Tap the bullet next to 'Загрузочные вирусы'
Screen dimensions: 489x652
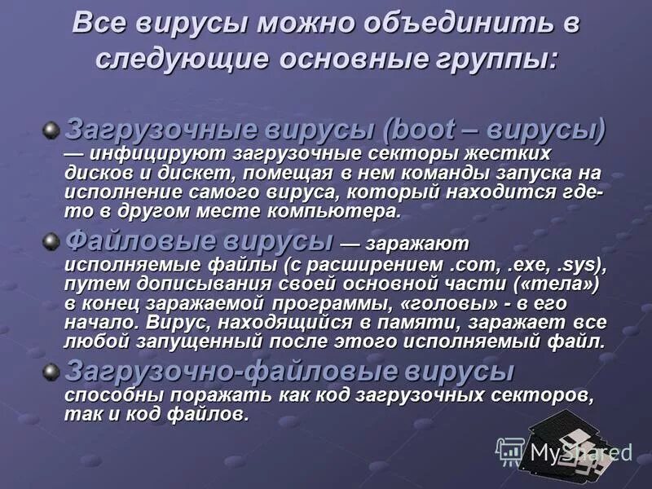[51, 130]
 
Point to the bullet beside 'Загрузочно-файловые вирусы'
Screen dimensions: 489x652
[51, 372]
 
